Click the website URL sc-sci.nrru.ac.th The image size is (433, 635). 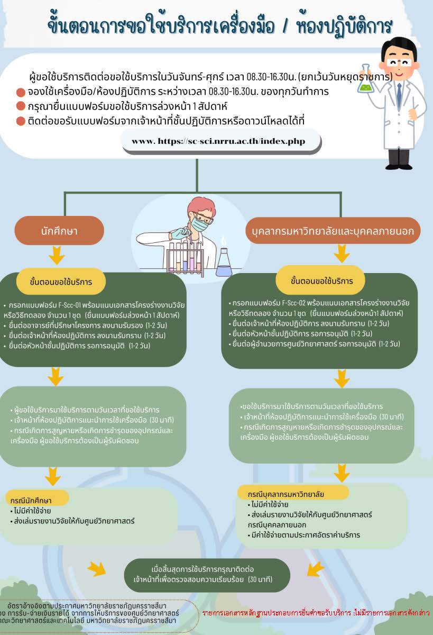[220, 141]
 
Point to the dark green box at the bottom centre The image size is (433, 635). [207, 575]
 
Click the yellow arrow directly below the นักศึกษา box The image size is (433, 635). [56, 257]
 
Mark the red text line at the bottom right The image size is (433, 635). [316, 612]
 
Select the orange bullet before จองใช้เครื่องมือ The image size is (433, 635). [21, 92]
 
